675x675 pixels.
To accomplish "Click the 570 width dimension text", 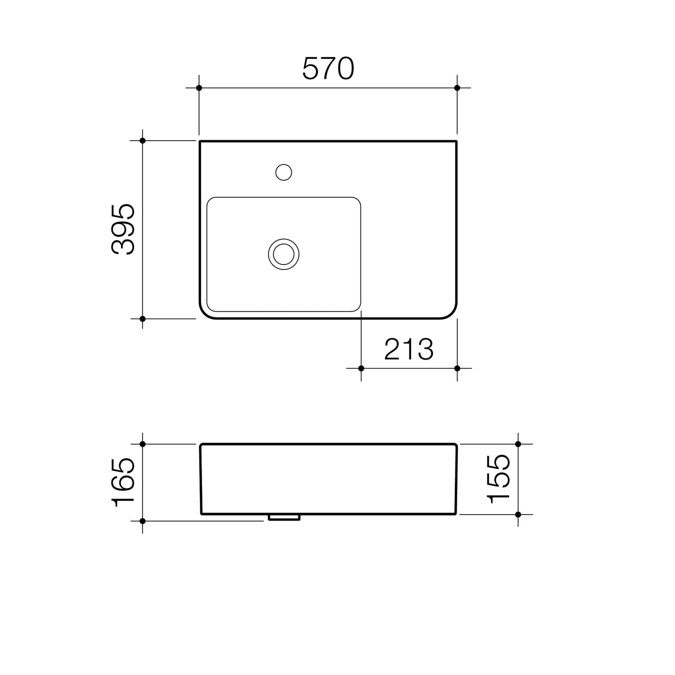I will [x=328, y=69].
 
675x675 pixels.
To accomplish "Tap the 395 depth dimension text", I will [x=123, y=229].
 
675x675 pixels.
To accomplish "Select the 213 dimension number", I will [x=409, y=349].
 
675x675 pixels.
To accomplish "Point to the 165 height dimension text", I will [x=123, y=482].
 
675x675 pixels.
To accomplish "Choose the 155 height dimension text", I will [x=499, y=479].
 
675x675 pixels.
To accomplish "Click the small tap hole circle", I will [x=284, y=172].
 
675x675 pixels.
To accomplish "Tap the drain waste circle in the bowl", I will [x=284, y=254].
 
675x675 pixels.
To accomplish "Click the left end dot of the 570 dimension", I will [x=199, y=88].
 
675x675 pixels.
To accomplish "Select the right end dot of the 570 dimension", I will [x=457, y=88].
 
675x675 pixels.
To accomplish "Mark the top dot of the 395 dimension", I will [x=143, y=141].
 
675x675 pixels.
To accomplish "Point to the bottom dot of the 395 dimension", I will [x=143, y=319].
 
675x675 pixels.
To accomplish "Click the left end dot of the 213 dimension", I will [x=361, y=368].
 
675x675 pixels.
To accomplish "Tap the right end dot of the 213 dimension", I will [x=457, y=368].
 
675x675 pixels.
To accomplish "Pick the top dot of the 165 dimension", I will [x=143, y=444].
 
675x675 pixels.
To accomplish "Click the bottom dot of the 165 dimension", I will [x=143, y=521].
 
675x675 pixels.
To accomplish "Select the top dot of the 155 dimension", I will [x=518, y=444].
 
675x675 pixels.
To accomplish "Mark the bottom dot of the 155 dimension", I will [x=518, y=515].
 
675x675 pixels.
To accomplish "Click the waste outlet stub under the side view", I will [x=284, y=517].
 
